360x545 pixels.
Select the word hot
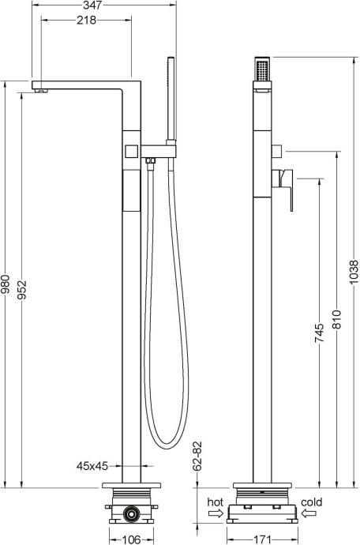click(215, 502)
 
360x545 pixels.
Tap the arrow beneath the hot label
click(215, 513)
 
